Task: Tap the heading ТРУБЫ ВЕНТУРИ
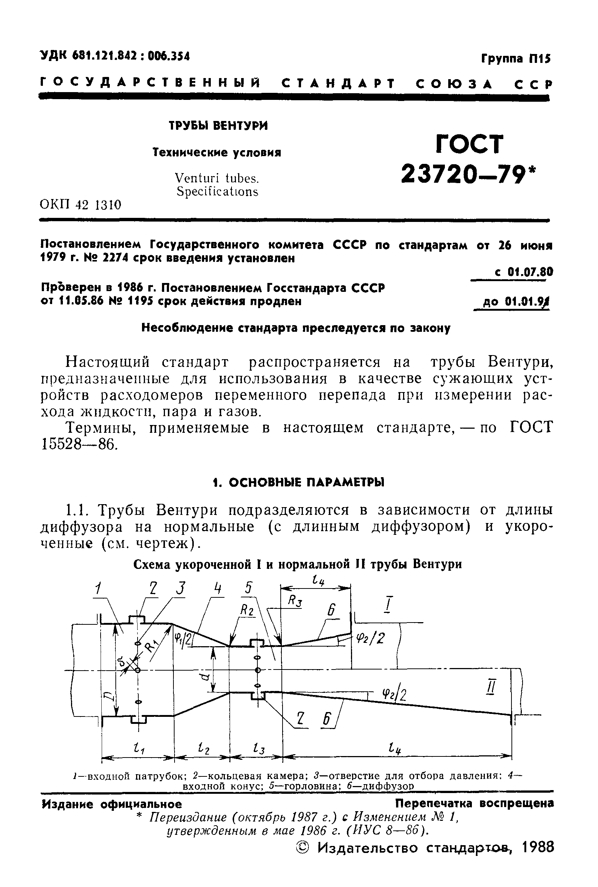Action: pos(218,125)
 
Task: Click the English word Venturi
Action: pos(197,178)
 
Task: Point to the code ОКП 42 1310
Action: pos(81,205)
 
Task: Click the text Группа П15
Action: pos(516,59)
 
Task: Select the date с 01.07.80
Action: pos(523,272)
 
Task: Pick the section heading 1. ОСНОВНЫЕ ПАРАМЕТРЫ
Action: pos(298,482)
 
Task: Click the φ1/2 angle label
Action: pos(183,639)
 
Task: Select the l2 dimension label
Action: pos(204,748)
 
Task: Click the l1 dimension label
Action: pos(138,748)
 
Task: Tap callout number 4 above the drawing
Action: pos(217,588)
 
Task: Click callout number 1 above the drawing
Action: pos(98,589)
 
